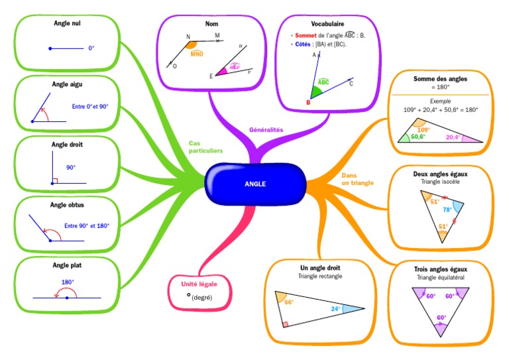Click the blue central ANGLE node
click(255, 184)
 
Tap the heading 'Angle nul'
click(67, 23)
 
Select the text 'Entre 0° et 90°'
click(89, 107)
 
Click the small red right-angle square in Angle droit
click(55, 180)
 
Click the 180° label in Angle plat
click(67, 282)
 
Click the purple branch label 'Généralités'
click(266, 130)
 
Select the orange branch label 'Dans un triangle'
click(357, 178)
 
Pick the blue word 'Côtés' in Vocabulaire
click(303, 44)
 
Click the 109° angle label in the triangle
click(424, 129)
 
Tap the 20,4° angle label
click(453, 137)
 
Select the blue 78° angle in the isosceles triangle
click(447, 210)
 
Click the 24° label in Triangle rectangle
click(335, 308)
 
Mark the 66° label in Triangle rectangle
click(288, 302)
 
